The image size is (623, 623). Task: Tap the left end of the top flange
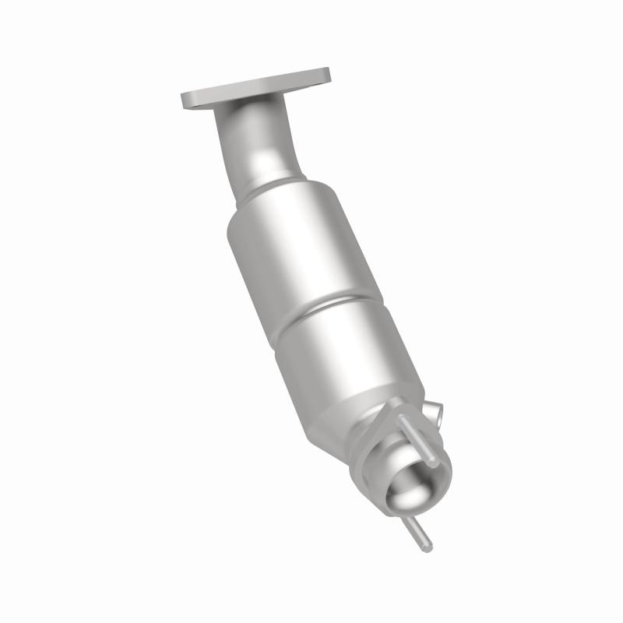tap(187, 101)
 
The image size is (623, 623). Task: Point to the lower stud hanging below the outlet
tap(416, 530)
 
